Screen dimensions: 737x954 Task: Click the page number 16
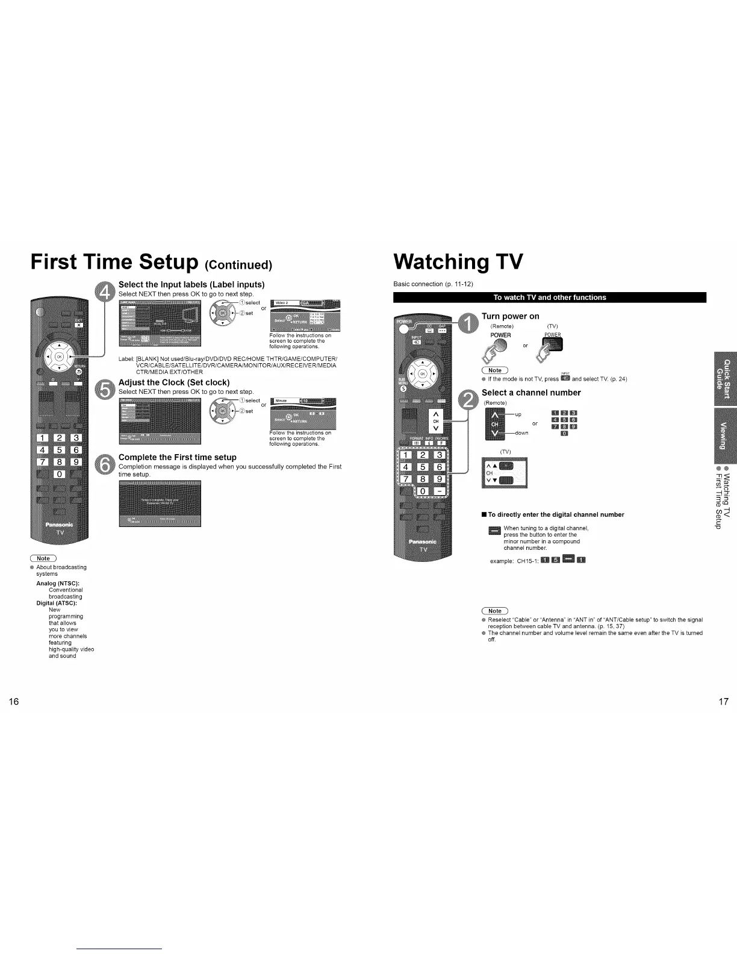(14, 701)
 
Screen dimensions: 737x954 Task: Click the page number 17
(723, 701)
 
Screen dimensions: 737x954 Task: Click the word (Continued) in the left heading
(238, 266)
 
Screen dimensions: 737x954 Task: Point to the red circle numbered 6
(105, 465)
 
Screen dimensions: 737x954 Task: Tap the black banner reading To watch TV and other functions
(549, 297)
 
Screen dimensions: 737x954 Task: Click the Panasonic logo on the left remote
(60, 524)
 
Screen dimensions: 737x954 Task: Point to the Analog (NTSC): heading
(58, 583)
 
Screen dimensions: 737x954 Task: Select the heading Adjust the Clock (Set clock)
(174, 382)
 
